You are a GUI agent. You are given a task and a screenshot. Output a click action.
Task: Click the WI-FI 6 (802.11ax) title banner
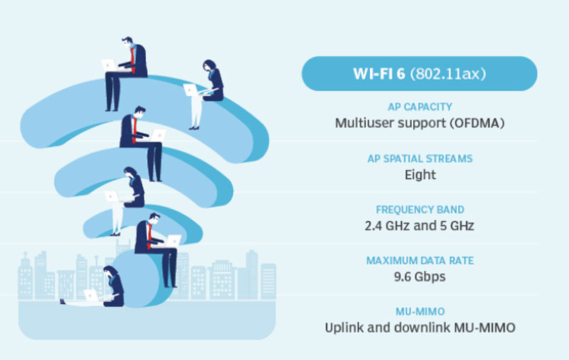pyautogui.click(x=419, y=74)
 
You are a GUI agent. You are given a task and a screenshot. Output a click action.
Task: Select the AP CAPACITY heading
pyautogui.click(x=420, y=107)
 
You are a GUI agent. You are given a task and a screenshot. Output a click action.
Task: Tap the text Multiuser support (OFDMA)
pyautogui.click(x=420, y=122)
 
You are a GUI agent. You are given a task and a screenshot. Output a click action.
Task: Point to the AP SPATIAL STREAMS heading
pyautogui.click(x=420, y=158)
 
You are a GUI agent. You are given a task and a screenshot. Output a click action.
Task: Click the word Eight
pyautogui.click(x=420, y=174)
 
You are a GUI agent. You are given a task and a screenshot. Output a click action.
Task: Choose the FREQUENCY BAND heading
pyautogui.click(x=420, y=210)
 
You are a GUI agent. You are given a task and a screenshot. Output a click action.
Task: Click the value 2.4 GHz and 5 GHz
pyautogui.click(x=420, y=226)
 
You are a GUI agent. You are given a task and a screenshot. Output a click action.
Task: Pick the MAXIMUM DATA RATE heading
pyautogui.click(x=420, y=261)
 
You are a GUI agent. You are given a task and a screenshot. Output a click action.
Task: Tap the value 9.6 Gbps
pyautogui.click(x=420, y=277)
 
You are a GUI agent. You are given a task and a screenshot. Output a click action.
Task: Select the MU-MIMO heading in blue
pyautogui.click(x=420, y=312)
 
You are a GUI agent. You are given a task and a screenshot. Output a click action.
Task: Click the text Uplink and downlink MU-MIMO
pyautogui.click(x=420, y=328)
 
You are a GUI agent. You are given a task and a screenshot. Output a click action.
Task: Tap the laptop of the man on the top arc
pyautogui.click(x=110, y=65)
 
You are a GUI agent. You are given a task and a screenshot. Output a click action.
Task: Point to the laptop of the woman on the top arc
pyautogui.click(x=191, y=90)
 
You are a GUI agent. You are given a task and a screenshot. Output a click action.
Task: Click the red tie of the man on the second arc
pyautogui.click(x=134, y=128)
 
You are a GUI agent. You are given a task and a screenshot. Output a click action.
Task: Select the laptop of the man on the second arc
pyautogui.click(x=159, y=134)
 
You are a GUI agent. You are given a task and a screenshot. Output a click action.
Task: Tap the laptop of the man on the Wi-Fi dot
pyautogui.click(x=173, y=240)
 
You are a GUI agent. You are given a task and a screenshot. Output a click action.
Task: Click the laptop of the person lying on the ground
pyautogui.click(x=91, y=295)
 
